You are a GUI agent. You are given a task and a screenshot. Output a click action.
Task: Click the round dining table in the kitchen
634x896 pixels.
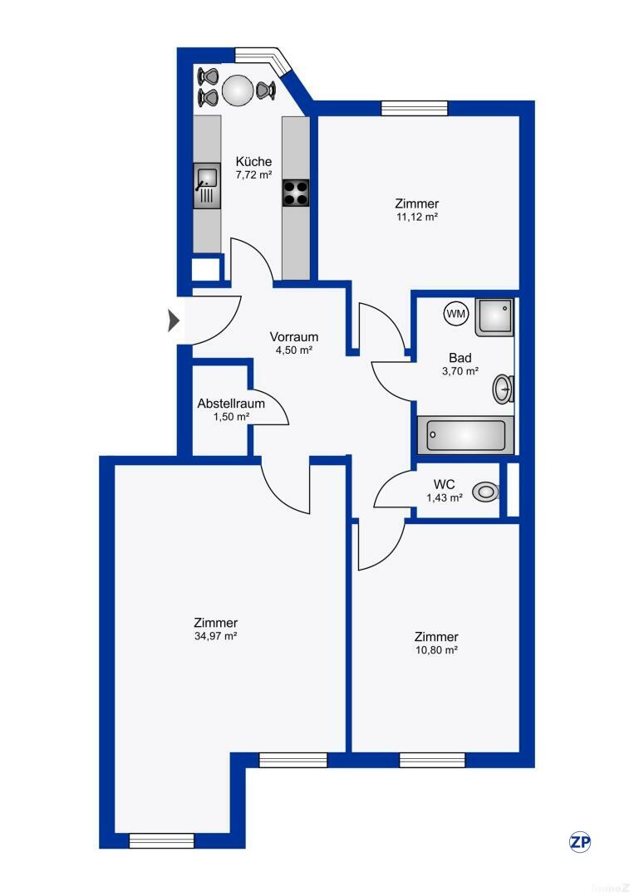pyautogui.click(x=238, y=90)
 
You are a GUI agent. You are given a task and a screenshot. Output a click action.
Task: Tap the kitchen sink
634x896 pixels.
pyautogui.click(x=207, y=185)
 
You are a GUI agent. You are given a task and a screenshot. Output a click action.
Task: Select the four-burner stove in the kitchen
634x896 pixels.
pyautogui.click(x=295, y=193)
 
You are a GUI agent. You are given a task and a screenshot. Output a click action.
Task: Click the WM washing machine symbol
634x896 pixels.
pyautogui.click(x=456, y=313)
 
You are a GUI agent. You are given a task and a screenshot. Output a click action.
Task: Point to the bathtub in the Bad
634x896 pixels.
pyautogui.click(x=465, y=434)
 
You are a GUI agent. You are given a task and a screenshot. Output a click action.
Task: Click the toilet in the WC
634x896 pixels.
pyautogui.click(x=485, y=492)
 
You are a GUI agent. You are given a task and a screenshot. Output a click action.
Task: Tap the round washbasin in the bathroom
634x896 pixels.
pyautogui.click(x=503, y=388)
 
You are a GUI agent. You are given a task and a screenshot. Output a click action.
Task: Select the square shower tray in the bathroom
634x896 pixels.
pyautogui.click(x=494, y=318)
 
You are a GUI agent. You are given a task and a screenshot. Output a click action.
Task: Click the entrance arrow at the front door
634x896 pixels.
pyautogui.click(x=174, y=320)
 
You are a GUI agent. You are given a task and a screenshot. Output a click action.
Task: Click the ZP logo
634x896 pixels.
pyautogui.click(x=580, y=841)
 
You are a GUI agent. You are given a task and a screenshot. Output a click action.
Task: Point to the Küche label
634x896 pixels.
pyautogui.click(x=253, y=162)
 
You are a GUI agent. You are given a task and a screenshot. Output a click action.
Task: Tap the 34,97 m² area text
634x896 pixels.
pyautogui.click(x=216, y=636)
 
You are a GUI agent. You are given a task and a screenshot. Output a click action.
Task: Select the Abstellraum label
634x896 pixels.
pyautogui.click(x=231, y=404)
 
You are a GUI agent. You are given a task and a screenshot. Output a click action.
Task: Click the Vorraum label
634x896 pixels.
pyautogui.click(x=294, y=337)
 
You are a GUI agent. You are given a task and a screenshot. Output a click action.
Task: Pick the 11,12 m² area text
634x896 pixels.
pyautogui.click(x=417, y=217)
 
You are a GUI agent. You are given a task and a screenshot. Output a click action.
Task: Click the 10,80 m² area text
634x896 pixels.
pyautogui.click(x=437, y=650)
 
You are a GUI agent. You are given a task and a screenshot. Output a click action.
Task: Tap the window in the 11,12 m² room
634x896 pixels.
pyautogui.click(x=415, y=108)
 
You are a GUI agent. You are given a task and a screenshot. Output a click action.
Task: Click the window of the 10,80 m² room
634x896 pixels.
pyautogui.click(x=432, y=760)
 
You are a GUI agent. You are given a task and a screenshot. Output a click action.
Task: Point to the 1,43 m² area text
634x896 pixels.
pyautogui.click(x=443, y=497)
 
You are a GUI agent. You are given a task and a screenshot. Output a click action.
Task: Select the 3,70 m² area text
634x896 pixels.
pyautogui.click(x=460, y=371)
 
